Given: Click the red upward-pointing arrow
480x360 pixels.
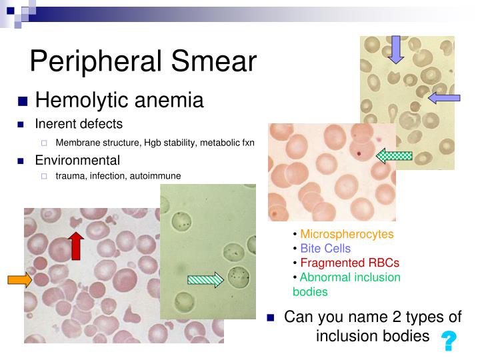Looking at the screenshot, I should (76, 246).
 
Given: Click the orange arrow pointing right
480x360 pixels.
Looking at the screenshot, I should (19, 281).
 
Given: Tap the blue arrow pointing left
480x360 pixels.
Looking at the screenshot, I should (444, 99).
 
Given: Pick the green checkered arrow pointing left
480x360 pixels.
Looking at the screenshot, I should (395, 157).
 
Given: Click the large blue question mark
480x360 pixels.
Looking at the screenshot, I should (449, 341).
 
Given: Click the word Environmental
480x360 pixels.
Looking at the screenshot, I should (77, 160).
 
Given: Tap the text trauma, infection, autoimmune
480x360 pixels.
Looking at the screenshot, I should (118, 176).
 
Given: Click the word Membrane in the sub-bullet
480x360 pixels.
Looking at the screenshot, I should (79, 142).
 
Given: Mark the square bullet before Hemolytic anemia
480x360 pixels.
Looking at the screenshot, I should (22, 102).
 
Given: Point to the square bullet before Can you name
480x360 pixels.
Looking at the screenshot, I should (271, 318).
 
